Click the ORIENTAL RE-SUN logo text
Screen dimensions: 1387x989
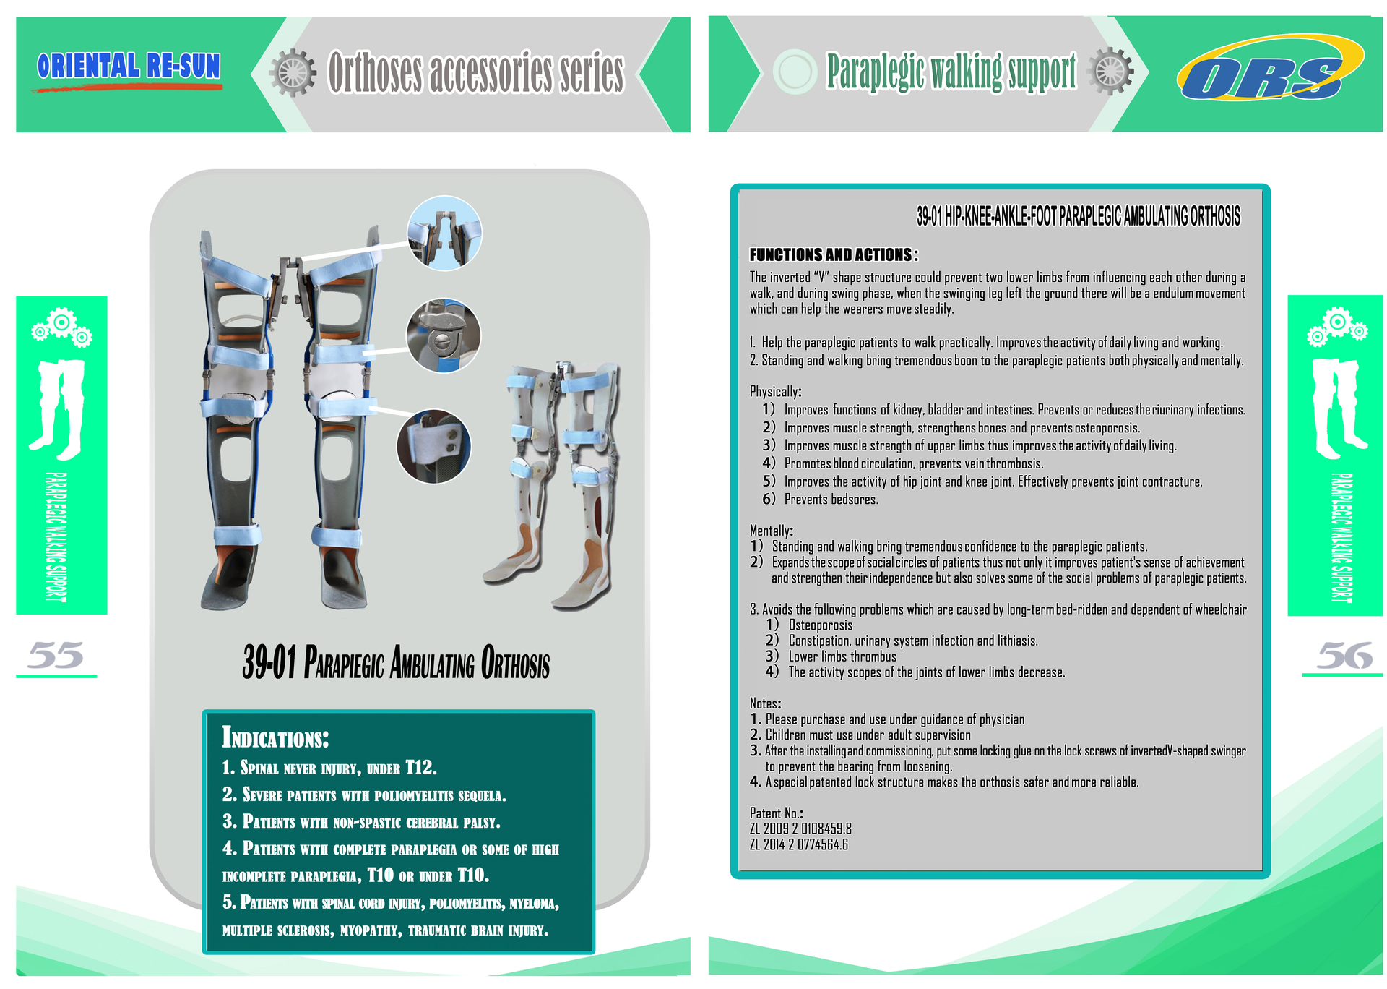[x=129, y=66]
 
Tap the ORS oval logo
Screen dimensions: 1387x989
[x=1270, y=68]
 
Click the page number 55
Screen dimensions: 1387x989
[x=56, y=655]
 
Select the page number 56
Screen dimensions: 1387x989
[x=1344, y=655]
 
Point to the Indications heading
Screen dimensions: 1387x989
[x=275, y=737]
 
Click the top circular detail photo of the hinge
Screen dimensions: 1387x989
[x=444, y=233]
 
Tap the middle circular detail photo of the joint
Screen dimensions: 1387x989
[x=444, y=336]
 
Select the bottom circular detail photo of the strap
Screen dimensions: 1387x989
[x=433, y=447]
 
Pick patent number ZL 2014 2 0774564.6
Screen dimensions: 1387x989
[x=799, y=844]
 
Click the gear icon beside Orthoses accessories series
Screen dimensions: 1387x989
[x=293, y=73]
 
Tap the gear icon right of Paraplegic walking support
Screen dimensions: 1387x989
[x=1110, y=71]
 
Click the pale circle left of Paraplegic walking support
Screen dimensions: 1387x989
[x=795, y=72]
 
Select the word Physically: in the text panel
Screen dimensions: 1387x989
[x=775, y=392]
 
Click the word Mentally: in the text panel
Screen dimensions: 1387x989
[x=771, y=531]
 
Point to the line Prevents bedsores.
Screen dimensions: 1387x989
[x=831, y=500]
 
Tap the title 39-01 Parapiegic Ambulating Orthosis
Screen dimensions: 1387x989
[x=396, y=662]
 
